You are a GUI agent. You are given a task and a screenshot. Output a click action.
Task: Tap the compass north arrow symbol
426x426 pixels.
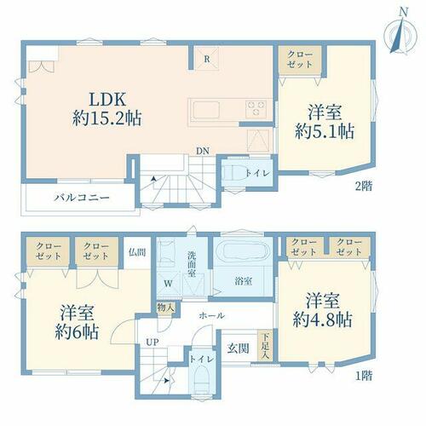pyautogui.click(x=400, y=35)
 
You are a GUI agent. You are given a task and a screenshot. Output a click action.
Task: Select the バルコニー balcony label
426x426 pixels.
pyautogui.click(x=82, y=197)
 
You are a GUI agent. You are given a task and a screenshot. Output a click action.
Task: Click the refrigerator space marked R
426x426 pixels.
pyautogui.click(x=207, y=59)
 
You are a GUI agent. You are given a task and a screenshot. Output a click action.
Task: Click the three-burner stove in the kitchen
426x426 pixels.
pyautogui.click(x=256, y=108)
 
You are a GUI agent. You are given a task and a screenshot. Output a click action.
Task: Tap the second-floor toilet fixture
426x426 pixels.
pyautogui.click(x=233, y=173)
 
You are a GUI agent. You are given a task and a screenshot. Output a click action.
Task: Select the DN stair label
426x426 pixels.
pyautogui.click(x=203, y=151)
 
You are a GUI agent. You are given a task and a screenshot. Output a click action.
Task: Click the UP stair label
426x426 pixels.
pyautogui.click(x=153, y=343)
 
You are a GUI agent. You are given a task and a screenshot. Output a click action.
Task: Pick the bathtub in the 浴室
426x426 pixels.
pyautogui.click(x=243, y=250)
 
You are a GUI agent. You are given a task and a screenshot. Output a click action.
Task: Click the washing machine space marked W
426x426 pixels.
pyautogui.click(x=169, y=284)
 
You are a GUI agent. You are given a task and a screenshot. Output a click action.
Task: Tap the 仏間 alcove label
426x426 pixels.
pyautogui.click(x=137, y=252)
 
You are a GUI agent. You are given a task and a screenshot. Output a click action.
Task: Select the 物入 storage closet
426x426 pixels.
pyautogui.click(x=166, y=308)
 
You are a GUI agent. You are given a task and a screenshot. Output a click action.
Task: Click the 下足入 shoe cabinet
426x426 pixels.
pyautogui.click(x=265, y=346)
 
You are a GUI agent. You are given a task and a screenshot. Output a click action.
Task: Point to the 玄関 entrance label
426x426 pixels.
pyautogui.click(x=238, y=348)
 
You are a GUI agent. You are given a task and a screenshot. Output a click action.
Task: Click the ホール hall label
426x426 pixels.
pyautogui.click(x=212, y=315)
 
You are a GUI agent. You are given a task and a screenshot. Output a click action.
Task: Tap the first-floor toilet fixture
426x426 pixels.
pyautogui.click(x=202, y=379)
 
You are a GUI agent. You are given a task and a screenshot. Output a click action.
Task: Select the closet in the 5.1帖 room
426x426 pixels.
pyautogui.click(x=300, y=60)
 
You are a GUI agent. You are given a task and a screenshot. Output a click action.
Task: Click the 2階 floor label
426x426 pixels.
pyautogui.click(x=363, y=186)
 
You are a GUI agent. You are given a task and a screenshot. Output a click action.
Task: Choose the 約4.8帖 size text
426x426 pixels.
pyautogui.click(x=323, y=319)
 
